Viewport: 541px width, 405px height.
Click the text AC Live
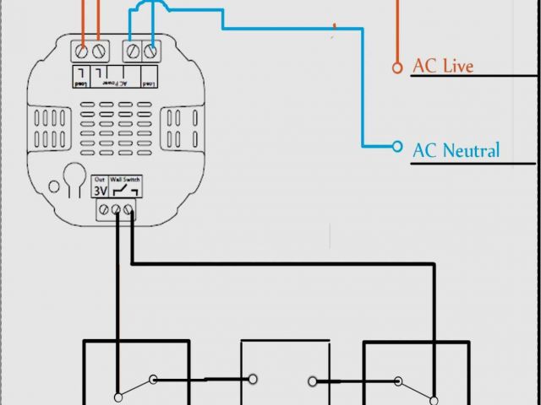click(x=442, y=67)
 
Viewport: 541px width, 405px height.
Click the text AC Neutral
click(x=456, y=151)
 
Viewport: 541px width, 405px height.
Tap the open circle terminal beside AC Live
click(x=396, y=67)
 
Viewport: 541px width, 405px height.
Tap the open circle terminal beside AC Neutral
click(x=397, y=146)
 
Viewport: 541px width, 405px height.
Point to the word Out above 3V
click(x=100, y=179)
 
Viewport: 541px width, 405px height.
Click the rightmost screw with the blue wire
click(x=151, y=51)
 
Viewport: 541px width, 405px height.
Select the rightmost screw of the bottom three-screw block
click(x=130, y=211)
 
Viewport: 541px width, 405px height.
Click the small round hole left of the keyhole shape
click(x=54, y=187)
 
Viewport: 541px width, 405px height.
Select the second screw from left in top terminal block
click(x=100, y=51)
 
